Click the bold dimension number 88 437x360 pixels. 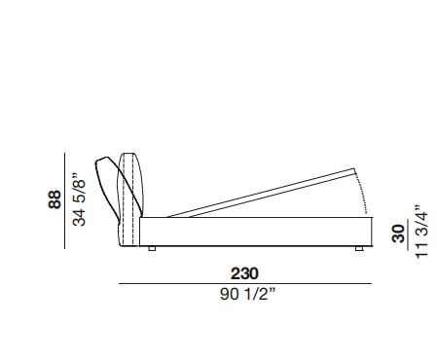tap(55, 199)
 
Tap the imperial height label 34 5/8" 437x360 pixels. tap(80, 199)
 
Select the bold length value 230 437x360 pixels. tap(244, 273)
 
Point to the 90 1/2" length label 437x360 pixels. tap(248, 294)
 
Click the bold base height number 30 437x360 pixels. tap(399, 234)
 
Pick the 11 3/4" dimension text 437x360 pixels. tap(421, 232)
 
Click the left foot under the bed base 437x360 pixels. tap(152, 248)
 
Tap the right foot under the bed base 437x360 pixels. tap(359, 248)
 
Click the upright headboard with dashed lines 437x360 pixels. tap(128, 199)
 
